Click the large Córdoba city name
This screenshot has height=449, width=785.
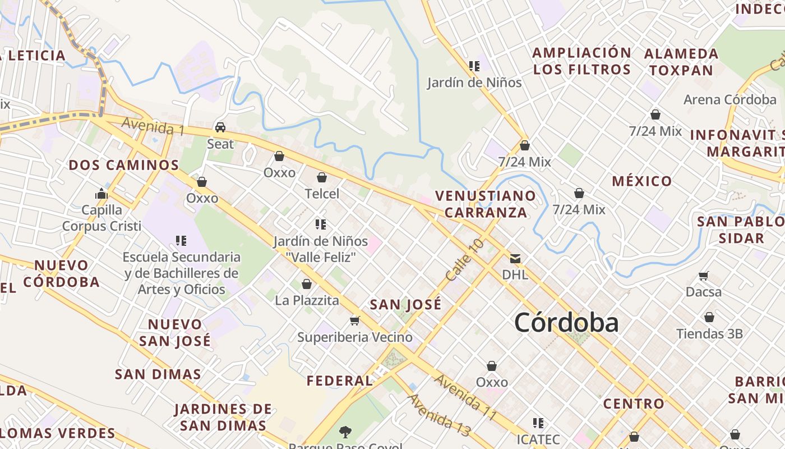(566, 323)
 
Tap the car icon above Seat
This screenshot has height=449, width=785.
(220, 127)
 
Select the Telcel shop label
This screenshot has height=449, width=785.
(322, 194)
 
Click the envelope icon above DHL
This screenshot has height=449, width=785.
(515, 259)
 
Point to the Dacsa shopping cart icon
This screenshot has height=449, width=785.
(704, 276)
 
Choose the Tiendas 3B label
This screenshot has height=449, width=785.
(709, 334)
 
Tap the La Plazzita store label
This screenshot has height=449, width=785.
(307, 300)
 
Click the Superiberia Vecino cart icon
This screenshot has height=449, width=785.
(354, 320)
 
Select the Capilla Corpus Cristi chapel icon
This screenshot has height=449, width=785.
(101, 194)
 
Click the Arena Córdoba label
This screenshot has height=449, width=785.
(729, 100)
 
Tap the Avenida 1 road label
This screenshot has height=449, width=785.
(153, 126)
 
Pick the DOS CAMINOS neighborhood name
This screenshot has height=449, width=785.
(123, 165)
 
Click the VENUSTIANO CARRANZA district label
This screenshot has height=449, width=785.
(485, 204)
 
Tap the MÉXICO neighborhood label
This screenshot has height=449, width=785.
(641, 181)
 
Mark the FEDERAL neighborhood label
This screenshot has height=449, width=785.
(339, 381)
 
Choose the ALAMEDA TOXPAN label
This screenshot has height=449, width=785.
(681, 62)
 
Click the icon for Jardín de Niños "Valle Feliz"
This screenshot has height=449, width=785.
(321, 224)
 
